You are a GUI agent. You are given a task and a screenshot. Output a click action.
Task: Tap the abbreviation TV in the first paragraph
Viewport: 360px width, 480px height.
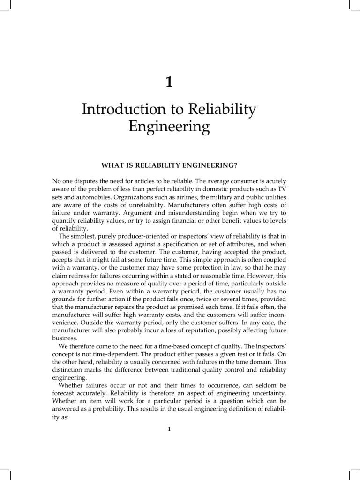point(281,189)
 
